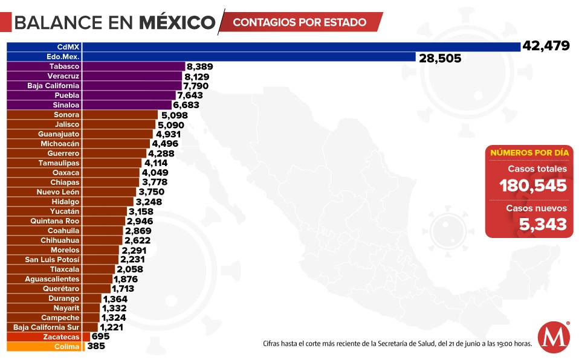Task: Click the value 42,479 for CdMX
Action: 546,47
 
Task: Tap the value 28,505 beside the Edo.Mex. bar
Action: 439,58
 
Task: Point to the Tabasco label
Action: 64,66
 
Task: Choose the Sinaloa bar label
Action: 66,104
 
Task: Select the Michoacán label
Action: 60,143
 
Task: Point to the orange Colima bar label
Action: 66,347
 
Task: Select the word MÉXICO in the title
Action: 176,23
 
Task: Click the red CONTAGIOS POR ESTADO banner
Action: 300,22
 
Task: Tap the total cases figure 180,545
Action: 533,185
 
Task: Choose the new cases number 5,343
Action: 543,225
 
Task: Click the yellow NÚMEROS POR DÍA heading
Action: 529,153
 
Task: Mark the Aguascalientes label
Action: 52,278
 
